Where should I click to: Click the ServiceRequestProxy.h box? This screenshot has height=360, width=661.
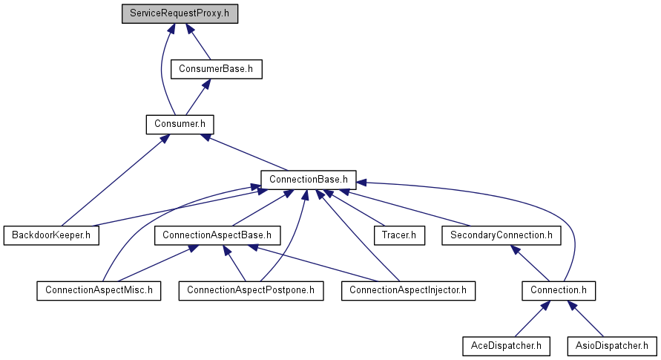pyautogui.click(x=180, y=13)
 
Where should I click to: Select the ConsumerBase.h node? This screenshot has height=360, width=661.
pyautogui.click(x=217, y=69)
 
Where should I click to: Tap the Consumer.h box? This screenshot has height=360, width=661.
pyautogui.click(x=180, y=125)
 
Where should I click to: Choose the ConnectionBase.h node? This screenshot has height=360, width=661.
pyautogui.click(x=308, y=180)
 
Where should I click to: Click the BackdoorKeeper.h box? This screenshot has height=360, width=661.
pyautogui.click(x=51, y=235)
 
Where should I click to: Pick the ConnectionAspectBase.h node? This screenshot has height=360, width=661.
pyautogui.click(x=217, y=235)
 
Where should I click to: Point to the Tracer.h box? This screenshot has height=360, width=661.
pyautogui.click(x=399, y=235)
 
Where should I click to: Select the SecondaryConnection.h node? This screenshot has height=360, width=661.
pyautogui.click(x=501, y=235)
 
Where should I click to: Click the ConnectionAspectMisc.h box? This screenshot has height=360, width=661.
pyautogui.click(x=99, y=291)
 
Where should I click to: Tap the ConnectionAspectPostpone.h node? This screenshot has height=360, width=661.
pyautogui.click(x=251, y=291)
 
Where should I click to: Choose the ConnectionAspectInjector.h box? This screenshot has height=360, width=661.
pyautogui.click(x=408, y=291)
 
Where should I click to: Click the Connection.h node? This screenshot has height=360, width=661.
pyautogui.click(x=559, y=291)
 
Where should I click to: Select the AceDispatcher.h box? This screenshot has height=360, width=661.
pyautogui.click(x=506, y=346)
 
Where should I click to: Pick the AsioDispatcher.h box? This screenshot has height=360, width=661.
pyautogui.click(x=612, y=346)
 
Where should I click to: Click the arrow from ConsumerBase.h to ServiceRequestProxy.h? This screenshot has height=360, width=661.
pyautogui.click(x=198, y=42)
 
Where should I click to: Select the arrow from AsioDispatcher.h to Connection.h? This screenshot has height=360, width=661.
pyautogui.click(x=585, y=318)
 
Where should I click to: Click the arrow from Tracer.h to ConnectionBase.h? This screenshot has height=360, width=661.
pyautogui.click(x=354, y=207)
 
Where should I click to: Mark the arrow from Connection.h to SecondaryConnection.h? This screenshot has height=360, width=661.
pyautogui.click(x=530, y=263)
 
